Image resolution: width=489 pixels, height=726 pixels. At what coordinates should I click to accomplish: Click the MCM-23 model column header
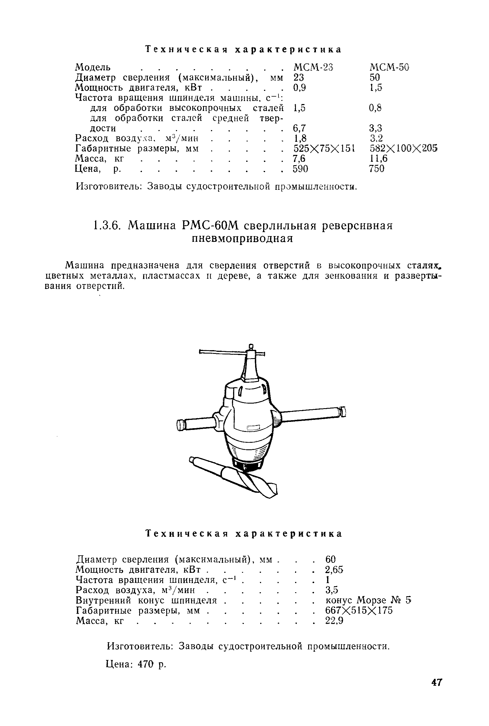pyautogui.click(x=313, y=67)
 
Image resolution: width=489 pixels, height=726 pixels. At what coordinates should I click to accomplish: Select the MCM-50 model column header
pyautogui.click(x=389, y=67)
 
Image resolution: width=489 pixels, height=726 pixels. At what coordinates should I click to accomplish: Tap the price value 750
pyautogui.click(x=376, y=169)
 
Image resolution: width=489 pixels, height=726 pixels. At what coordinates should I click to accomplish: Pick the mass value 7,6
pyautogui.click(x=299, y=159)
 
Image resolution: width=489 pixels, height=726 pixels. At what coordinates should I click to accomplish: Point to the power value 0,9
pyautogui.click(x=299, y=88)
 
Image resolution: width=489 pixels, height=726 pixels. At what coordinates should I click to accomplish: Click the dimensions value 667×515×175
pyautogui.click(x=359, y=610)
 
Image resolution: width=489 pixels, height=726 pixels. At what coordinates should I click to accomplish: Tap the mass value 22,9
pyautogui.click(x=334, y=621)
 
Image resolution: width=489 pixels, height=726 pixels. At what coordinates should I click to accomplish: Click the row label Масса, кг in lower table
pyautogui.click(x=100, y=621)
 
